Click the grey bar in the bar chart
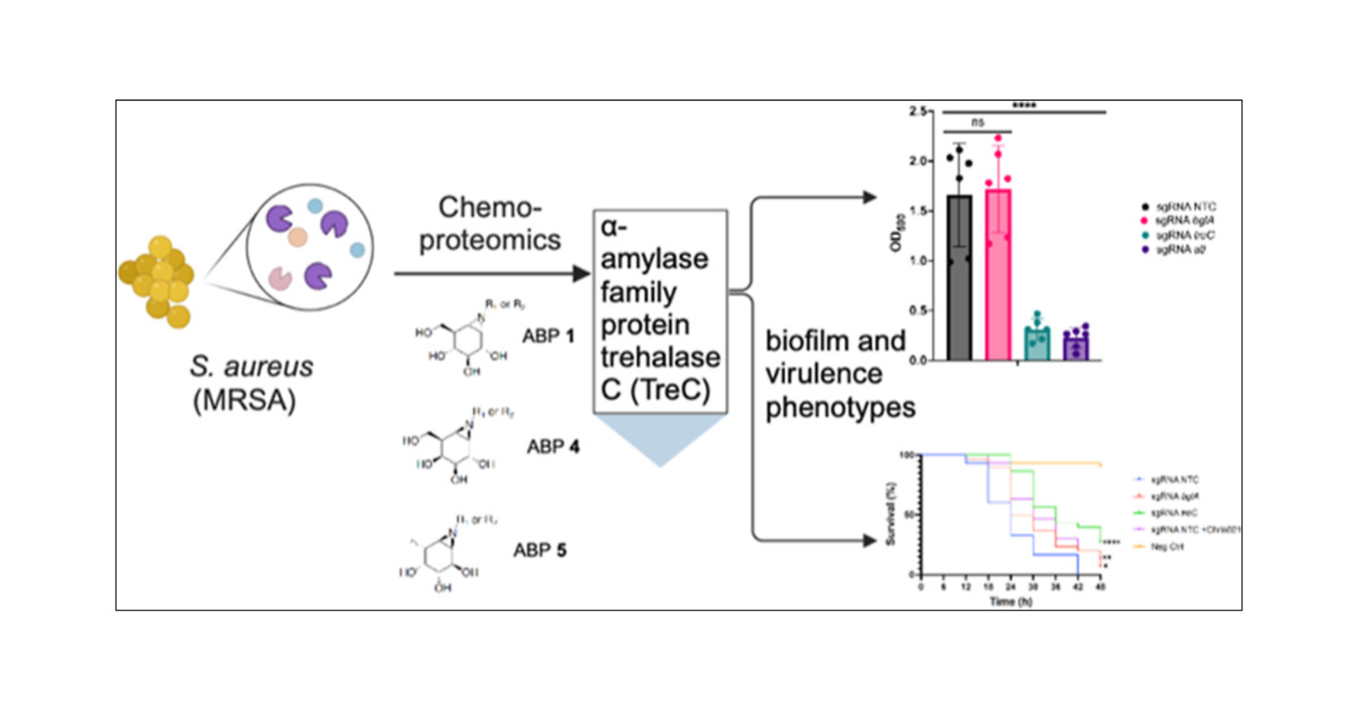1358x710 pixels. (x=959, y=278)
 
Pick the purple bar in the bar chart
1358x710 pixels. (x=1076, y=346)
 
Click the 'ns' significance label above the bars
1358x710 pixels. (x=977, y=122)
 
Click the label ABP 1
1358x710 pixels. (x=548, y=336)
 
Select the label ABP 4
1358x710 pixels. (x=553, y=447)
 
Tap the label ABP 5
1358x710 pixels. (x=539, y=550)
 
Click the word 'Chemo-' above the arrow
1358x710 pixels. (x=490, y=207)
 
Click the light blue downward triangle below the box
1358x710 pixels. (x=660, y=438)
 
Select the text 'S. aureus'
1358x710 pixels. (x=251, y=367)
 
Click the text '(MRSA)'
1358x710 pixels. (x=244, y=400)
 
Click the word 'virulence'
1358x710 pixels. (x=824, y=374)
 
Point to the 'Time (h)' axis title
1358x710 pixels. (x=1010, y=601)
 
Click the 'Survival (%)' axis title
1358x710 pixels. (x=892, y=514)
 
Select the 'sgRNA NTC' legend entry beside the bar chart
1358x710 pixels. (x=1185, y=206)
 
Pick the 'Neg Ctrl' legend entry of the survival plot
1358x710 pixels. (x=1167, y=546)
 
